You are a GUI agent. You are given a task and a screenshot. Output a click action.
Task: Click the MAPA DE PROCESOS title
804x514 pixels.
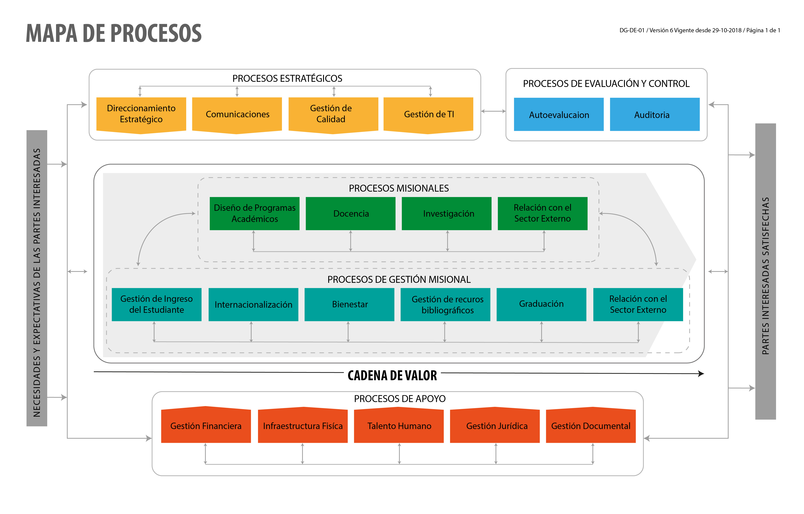pyautogui.click(x=114, y=33)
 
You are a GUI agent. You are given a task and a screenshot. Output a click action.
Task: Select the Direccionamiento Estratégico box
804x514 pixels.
pyautogui.click(x=141, y=115)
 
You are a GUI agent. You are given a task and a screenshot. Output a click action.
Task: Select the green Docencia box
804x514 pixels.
pyautogui.click(x=351, y=213)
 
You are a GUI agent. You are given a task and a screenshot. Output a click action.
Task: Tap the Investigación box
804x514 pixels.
pyautogui.click(x=447, y=213)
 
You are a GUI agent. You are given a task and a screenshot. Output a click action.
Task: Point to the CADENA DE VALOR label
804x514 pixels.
pyautogui.click(x=392, y=375)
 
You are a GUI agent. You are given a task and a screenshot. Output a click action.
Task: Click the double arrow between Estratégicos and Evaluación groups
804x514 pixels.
pyautogui.click(x=494, y=111)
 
